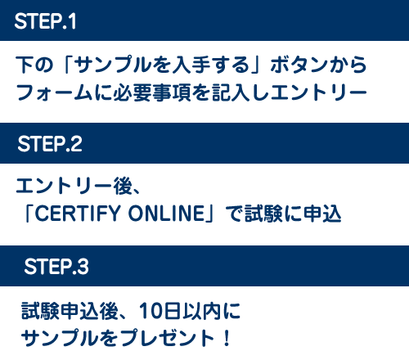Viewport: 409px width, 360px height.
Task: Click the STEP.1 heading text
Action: click(45, 21)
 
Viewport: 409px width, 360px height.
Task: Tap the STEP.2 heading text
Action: click(50, 144)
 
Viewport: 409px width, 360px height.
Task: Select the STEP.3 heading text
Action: click(56, 267)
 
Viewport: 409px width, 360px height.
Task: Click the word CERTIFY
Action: click(78, 213)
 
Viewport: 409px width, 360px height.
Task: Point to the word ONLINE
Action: click(166, 213)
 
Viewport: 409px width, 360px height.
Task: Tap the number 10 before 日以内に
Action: click(151, 311)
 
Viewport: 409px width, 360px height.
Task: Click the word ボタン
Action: click(299, 65)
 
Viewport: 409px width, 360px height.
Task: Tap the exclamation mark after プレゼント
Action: click(227, 339)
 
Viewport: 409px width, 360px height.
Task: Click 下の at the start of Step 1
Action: click(34, 65)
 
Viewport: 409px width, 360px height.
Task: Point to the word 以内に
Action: click(212, 311)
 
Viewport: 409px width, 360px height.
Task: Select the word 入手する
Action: click(207, 65)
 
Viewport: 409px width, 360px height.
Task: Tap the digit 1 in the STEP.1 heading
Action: click(72, 21)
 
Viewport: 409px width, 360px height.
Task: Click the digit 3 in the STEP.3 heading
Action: click(83, 267)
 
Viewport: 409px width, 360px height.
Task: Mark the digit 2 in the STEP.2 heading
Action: click(76, 144)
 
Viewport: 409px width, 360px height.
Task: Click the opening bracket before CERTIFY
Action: click(28, 213)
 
